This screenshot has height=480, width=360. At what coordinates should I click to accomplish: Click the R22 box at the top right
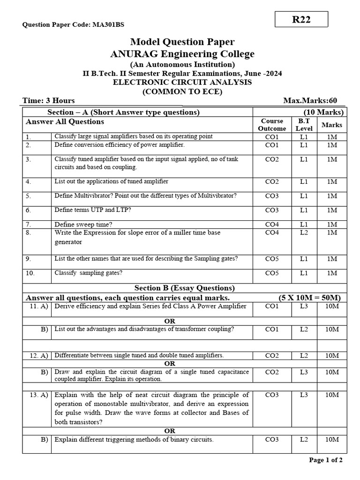pos(301,19)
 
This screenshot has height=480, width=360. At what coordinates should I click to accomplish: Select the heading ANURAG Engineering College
pos(182,54)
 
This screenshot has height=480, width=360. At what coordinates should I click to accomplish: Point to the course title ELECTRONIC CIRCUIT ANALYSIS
pos(182,82)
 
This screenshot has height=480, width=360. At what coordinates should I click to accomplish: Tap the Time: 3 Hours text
pos(48,101)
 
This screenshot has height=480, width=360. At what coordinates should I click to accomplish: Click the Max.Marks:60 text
pos(310,101)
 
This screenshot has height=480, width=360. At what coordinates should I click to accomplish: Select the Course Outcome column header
pos(272,125)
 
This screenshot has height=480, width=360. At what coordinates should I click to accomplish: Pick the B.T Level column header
pos(304,125)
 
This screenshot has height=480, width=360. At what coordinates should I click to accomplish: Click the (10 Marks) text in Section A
pos(323,112)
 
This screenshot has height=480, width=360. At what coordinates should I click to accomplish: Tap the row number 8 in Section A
pos(28,232)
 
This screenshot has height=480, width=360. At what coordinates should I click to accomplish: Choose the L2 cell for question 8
pos(304,232)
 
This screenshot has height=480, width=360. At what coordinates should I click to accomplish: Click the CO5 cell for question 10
pos(272,273)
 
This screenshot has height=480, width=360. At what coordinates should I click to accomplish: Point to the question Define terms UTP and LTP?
pos(93,210)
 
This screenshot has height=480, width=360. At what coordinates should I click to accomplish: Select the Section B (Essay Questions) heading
pos(185,288)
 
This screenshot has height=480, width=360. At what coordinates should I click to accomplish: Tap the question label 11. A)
pos(39,306)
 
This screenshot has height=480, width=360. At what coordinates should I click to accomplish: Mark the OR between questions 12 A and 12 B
pos(170,363)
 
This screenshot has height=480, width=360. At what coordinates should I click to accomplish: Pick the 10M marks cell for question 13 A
pos(332,395)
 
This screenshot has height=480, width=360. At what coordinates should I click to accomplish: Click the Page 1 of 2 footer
pos(326,460)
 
